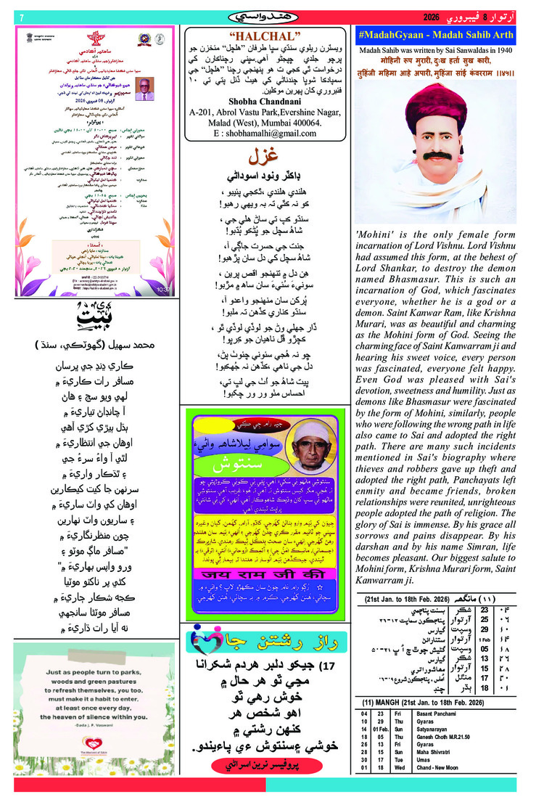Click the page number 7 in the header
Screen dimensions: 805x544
[22, 17]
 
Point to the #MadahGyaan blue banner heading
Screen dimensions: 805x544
[436, 35]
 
